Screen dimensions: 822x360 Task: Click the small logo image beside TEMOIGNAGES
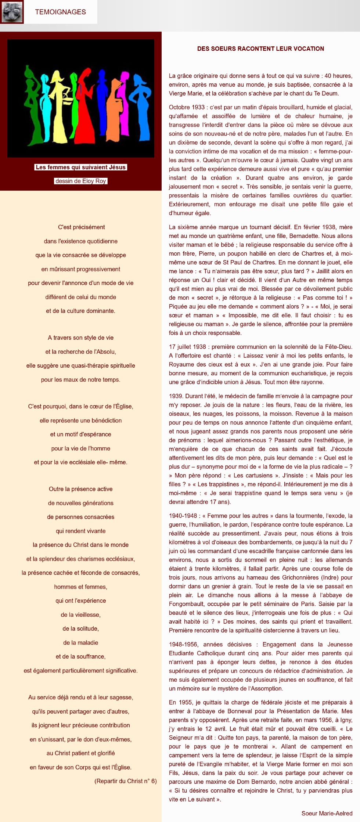12,12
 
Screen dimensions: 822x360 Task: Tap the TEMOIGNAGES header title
61,12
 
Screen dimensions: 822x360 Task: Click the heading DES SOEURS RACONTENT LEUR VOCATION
260,48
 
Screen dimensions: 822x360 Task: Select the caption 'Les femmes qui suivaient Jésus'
81,167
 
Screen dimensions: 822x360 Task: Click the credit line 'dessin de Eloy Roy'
81,181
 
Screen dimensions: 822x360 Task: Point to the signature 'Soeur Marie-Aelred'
327,813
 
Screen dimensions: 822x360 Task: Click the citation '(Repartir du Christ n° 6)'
125,781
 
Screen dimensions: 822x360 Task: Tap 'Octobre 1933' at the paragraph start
187,107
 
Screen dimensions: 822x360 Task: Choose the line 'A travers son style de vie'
81,338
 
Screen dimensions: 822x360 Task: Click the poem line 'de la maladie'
81,642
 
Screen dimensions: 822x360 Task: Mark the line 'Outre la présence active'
81,489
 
